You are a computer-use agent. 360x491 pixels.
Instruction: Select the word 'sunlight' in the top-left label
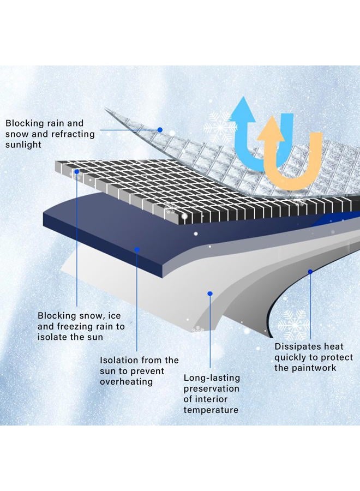23,145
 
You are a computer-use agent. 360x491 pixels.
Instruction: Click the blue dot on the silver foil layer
160,130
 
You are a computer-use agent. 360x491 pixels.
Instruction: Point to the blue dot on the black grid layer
77,172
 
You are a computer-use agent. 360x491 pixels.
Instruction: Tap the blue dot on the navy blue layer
137,249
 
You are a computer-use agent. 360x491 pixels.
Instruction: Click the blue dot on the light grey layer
210,294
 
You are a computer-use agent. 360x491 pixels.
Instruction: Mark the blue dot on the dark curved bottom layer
310,272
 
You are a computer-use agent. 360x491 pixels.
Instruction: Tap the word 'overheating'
126,382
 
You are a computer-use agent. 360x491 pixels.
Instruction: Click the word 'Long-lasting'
212,378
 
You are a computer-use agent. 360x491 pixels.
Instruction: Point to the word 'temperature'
211,410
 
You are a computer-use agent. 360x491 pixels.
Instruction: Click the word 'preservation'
211,389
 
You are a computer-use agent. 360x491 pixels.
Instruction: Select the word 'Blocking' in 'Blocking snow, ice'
57,316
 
